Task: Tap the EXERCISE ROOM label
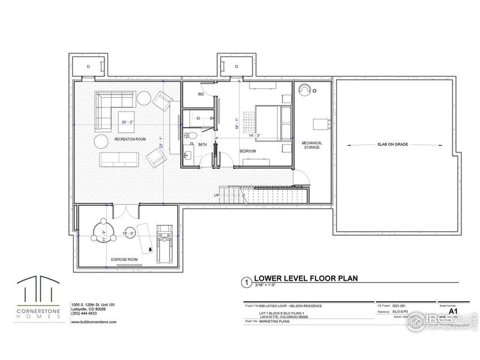pos(125,259)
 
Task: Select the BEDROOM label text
pos(248,151)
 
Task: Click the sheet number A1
pos(453,311)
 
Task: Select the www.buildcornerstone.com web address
pos(94,322)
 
